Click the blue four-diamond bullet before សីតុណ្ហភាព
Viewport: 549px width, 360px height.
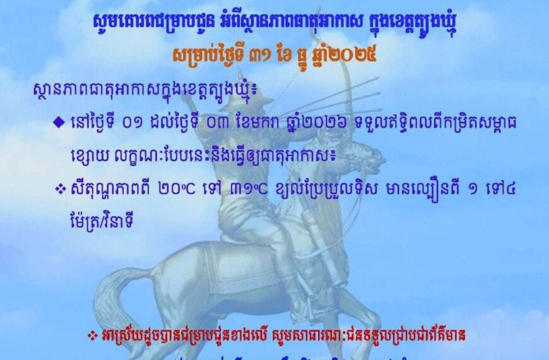(61, 189)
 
